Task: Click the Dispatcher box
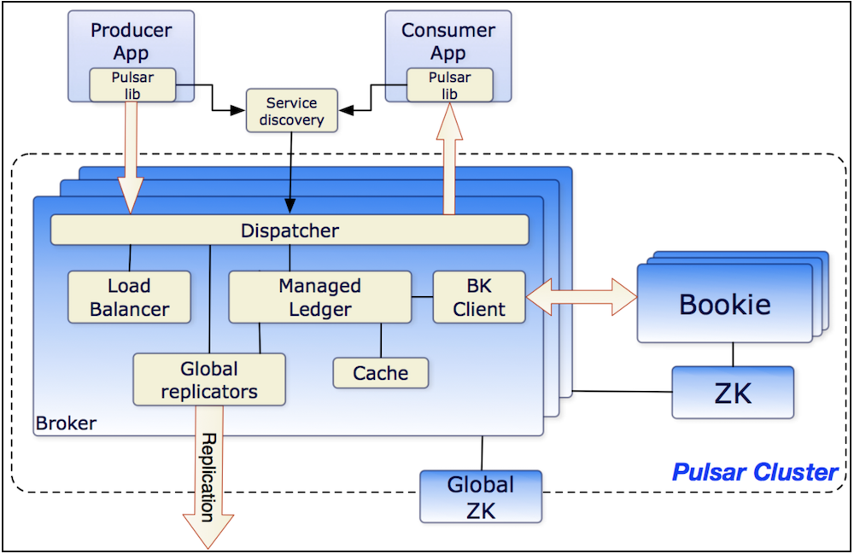click(x=290, y=230)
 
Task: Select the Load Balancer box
click(x=129, y=297)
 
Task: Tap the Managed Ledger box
click(x=319, y=297)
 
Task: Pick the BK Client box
click(x=479, y=297)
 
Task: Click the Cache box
click(x=381, y=373)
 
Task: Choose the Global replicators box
click(x=209, y=380)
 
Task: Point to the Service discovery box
click(x=292, y=110)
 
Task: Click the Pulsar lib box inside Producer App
click(x=132, y=85)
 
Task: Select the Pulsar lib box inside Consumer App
click(x=450, y=85)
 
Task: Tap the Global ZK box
click(x=481, y=497)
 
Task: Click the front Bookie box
click(x=725, y=303)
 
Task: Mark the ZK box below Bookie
click(x=733, y=393)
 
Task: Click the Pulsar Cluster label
click(x=755, y=472)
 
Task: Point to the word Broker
click(x=66, y=423)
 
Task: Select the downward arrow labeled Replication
click(x=208, y=477)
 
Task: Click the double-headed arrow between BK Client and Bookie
click(x=582, y=297)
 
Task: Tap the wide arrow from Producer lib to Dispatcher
click(x=131, y=158)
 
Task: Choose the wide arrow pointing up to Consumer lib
click(x=449, y=159)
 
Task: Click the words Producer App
click(x=132, y=41)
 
